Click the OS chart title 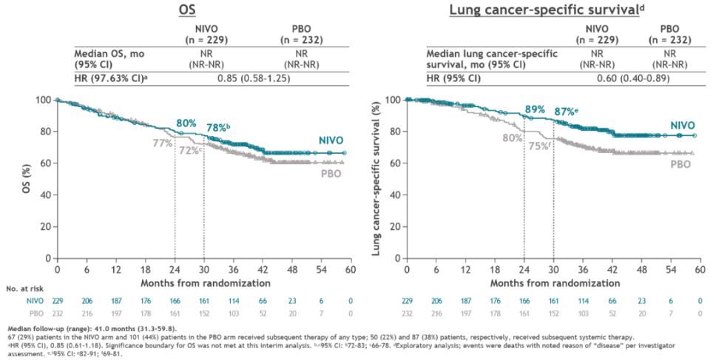(x=186, y=10)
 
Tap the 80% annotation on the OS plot (x=186, y=123)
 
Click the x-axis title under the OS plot (x=203, y=282)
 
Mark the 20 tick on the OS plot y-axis (x=45, y=227)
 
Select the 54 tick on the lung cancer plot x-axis (x=671, y=269)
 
